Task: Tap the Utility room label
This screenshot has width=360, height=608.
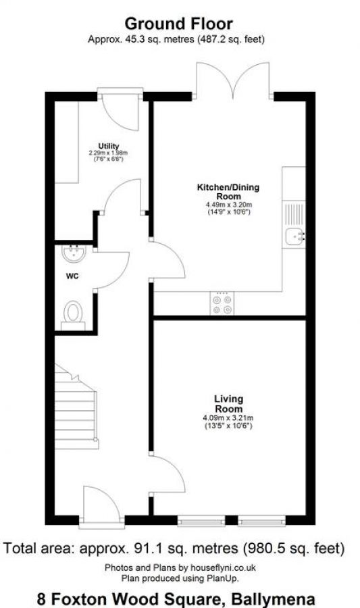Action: click(x=109, y=146)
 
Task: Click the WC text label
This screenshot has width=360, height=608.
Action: click(x=72, y=277)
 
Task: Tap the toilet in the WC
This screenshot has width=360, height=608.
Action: click(x=73, y=313)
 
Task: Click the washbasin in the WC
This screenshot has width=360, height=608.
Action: click(x=73, y=255)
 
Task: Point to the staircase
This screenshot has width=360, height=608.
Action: click(x=76, y=405)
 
